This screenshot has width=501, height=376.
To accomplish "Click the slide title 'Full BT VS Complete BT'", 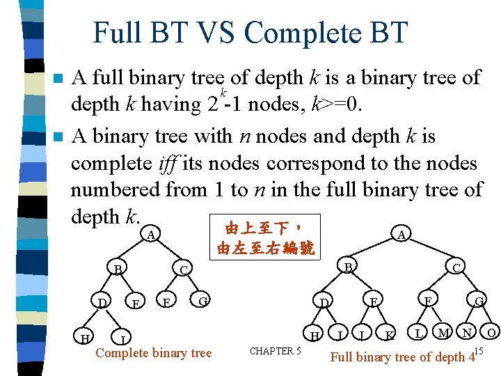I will pos(250,33).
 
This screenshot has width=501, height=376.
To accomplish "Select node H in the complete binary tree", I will pos(86,338).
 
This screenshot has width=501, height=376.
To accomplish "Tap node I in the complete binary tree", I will pos(122,340).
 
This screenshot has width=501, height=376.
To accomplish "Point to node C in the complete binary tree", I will pos(183,269).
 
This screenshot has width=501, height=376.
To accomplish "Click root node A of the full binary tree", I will pos(401,235).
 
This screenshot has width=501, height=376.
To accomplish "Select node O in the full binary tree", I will pos(491,334).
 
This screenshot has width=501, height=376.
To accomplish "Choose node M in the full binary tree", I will pos(443,334).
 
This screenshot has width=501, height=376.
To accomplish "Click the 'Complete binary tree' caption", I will pos(153,353).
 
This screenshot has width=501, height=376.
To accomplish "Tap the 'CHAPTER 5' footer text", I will pos(275,351).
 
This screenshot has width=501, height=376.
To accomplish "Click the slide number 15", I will pos(478,350).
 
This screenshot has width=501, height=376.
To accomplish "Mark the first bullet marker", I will pos(61,78).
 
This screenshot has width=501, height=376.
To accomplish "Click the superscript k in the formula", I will pos(223,93).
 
